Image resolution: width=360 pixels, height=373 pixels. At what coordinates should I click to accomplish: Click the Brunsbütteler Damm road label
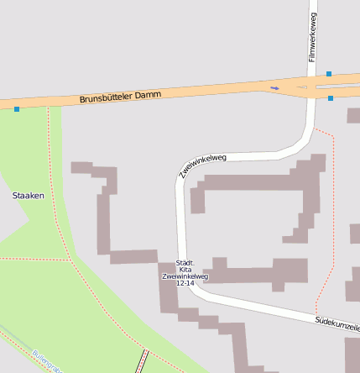[x=120, y=97]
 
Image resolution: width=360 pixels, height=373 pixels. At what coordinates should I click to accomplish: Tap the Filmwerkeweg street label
[x=312, y=37]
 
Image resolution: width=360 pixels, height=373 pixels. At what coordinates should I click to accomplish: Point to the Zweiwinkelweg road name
[x=203, y=165]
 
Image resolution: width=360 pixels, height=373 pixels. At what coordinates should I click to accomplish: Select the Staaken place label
[x=28, y=195]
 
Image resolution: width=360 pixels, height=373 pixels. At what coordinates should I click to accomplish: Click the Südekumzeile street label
[x=337, y=323]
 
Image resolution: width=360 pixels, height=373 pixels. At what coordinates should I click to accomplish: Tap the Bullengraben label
[x=47, y=361]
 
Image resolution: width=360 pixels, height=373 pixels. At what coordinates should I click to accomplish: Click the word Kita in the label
[x=185, y=269]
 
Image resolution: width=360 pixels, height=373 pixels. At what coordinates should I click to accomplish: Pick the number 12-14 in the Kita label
[x=185, y=283]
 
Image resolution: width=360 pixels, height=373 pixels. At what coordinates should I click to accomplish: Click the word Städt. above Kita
[x=185, y=262]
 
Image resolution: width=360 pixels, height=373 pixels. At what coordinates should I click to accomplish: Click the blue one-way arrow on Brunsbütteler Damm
[x=274, y=87]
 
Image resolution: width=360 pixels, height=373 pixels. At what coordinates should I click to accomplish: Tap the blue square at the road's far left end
[x=16, y=108]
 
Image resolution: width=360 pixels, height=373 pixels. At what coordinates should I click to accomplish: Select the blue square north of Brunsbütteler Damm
[x=329, y=74]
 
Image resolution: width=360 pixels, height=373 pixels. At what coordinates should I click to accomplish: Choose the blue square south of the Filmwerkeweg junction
[x=331, y=98]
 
